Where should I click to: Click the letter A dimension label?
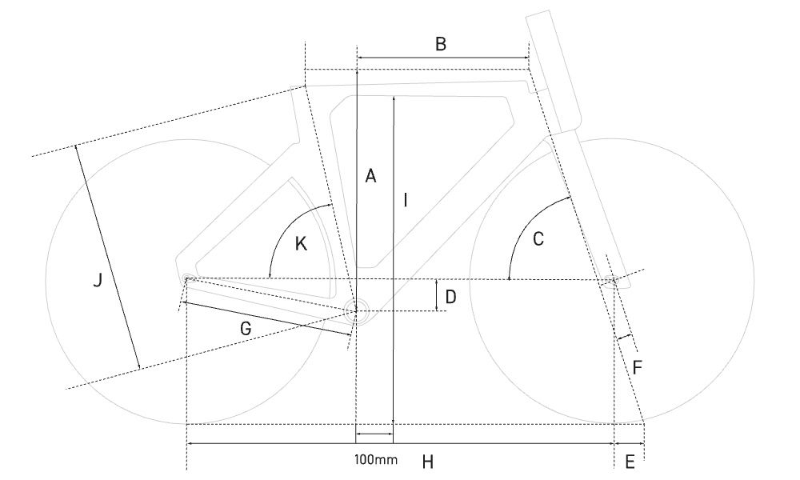pos(371,176)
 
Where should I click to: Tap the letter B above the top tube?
pos(441,44)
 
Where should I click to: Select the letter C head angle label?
pos(538,238)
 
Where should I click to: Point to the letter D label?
pos(450,296)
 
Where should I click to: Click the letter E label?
pos(630,462)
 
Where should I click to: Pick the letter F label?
pos(638,367)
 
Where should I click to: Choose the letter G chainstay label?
pos(246,329)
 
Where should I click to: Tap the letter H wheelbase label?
pos(427,462)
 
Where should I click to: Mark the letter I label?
pos(405,200)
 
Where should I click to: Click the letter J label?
pos(98,280)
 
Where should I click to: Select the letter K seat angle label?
pos(301,244)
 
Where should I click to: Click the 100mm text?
pos(376,459)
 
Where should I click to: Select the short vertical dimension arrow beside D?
pos(438,295)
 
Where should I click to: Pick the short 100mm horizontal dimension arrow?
pos(374,434)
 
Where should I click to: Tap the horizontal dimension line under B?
pos(443,58)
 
